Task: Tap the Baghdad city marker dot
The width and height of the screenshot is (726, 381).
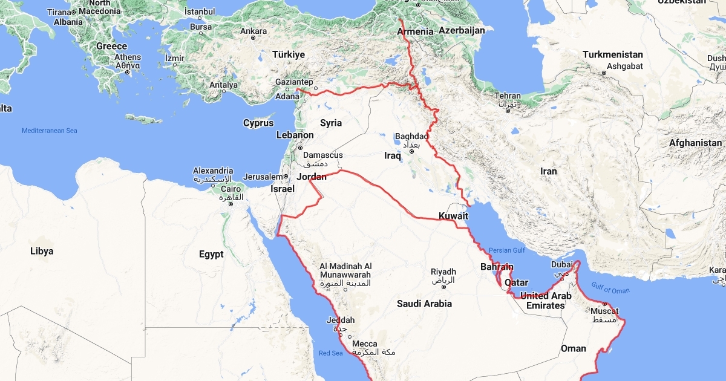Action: point(411,151)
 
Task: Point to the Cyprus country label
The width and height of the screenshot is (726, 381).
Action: point(258,123)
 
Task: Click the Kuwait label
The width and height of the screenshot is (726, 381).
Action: point(453,216)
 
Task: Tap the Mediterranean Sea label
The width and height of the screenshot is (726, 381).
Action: point(50,131)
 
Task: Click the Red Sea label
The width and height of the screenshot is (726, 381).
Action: point(331,353)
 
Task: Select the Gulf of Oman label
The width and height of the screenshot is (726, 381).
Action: point(610,290)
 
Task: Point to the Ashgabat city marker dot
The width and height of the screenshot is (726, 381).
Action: point(604,73)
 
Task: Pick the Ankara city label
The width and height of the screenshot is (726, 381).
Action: point(253,31)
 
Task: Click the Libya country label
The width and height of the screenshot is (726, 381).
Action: point(42,251)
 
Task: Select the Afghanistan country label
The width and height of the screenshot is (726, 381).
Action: point(695,143)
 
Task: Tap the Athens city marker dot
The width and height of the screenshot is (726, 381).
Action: point(128,73)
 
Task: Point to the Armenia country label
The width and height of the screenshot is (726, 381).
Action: point(416,31)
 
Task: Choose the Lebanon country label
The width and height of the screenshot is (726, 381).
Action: point(295,135)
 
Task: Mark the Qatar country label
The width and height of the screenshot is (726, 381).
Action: point(517,282)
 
